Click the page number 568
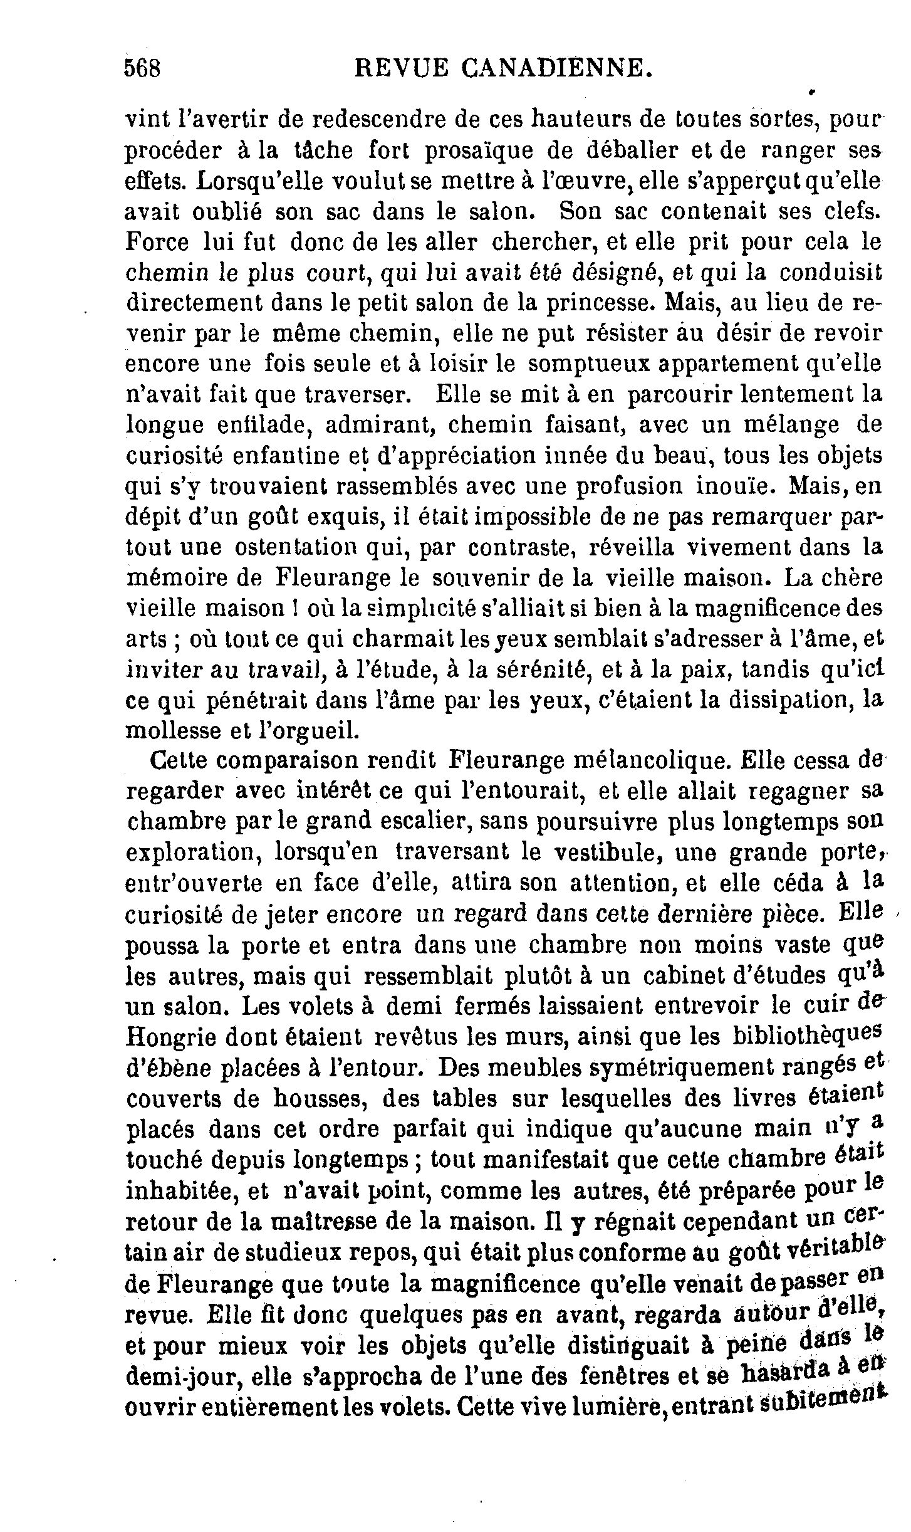tap(143, 67)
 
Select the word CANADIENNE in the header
tap(551, 67)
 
